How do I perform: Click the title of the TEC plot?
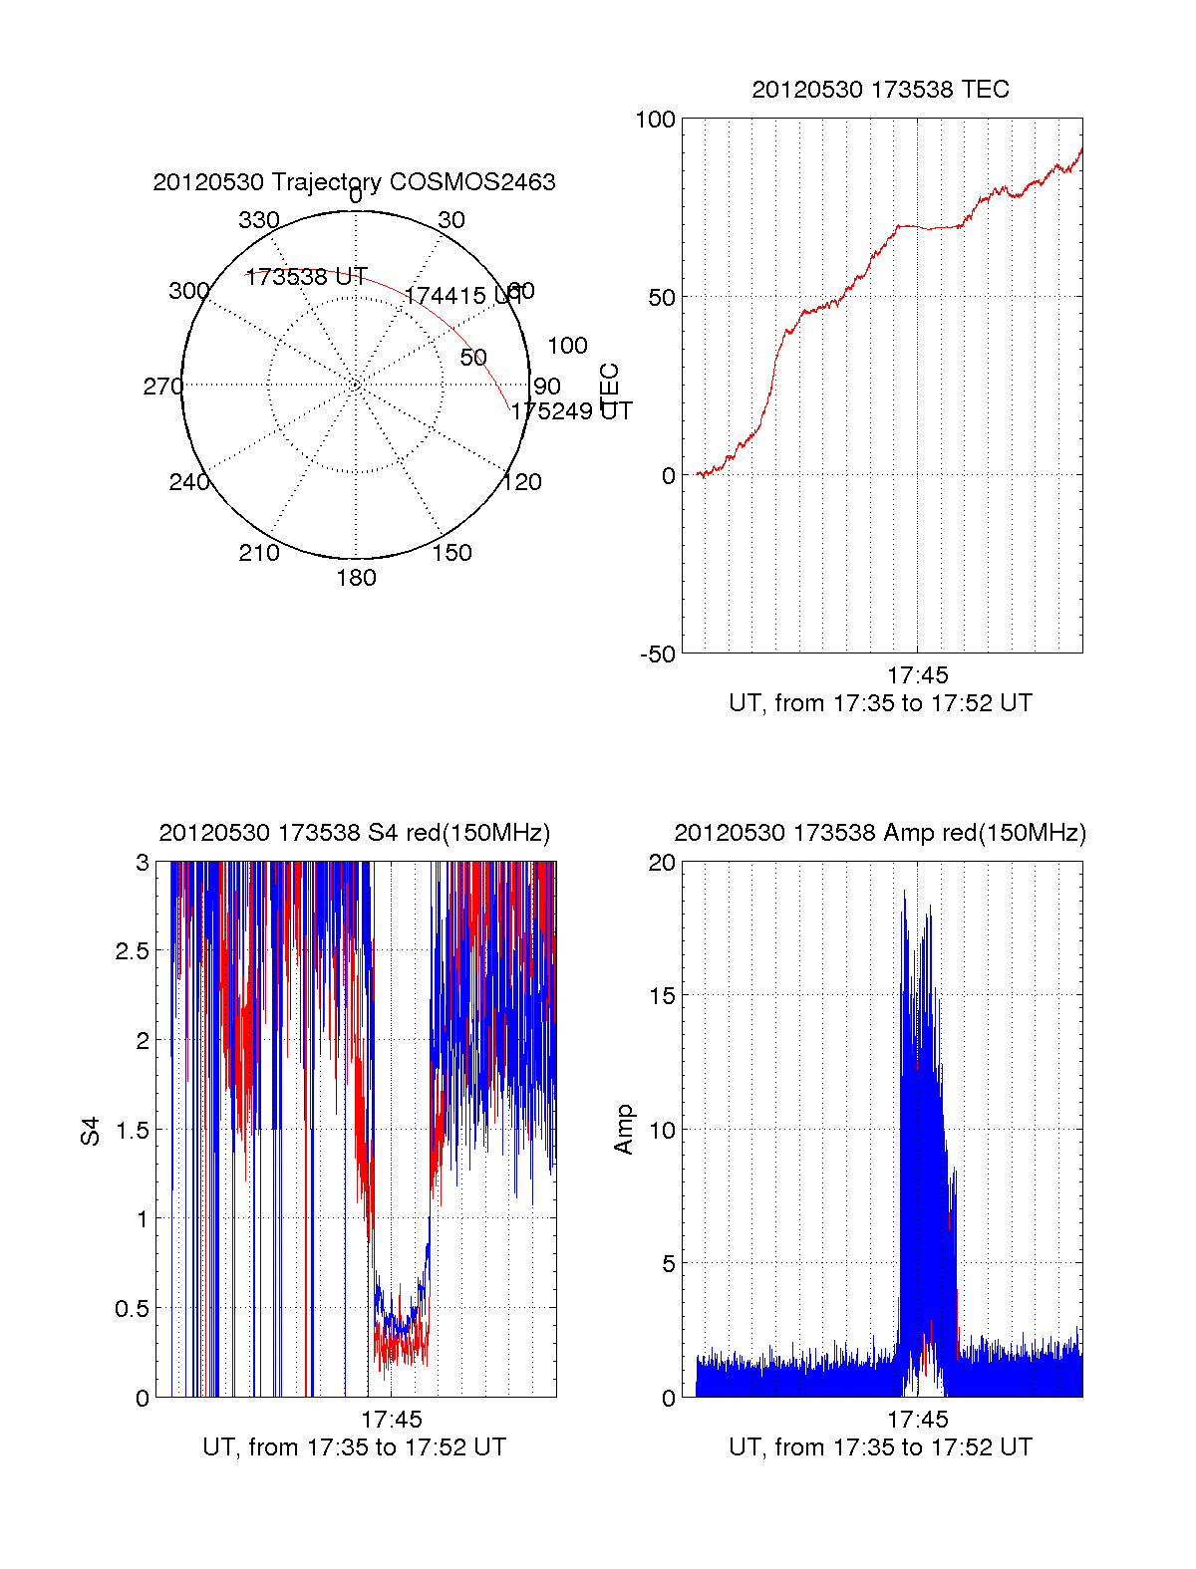pos(880,90)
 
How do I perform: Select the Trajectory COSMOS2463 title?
pos(354,182)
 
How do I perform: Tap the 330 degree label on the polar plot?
pos(258,220)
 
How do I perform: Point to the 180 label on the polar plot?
pos(356,578)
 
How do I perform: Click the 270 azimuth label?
pos(162,387)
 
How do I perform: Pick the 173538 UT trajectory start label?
pos(306,277)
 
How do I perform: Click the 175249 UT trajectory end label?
pos(571,410)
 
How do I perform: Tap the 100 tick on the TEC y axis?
pos(655,121)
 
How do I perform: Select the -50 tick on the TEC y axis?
pos(657,654)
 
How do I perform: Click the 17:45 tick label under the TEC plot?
pos(917,675)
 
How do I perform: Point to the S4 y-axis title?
pos(91,1131)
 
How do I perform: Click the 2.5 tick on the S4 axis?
pos(133,951)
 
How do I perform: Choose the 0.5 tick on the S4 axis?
pos(133,1309)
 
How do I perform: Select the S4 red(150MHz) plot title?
pos(354,833)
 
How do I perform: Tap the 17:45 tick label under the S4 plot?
pos(391,1419)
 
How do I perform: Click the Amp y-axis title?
pos(624,1130)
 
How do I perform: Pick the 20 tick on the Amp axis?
pos(662,863)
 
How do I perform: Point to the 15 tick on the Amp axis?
pos(662,996)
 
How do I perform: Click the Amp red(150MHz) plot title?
pos(880,833)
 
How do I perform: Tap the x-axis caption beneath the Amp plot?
pos(880,1447)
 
